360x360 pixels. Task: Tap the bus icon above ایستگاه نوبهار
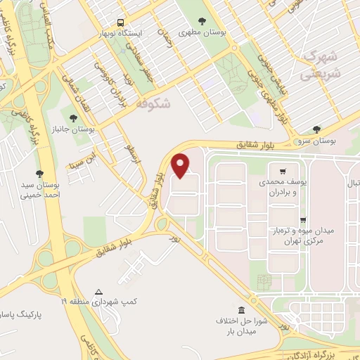tap(122, 22)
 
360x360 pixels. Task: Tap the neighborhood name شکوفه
tap(156, 105)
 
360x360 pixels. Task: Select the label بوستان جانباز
tap(79, 128)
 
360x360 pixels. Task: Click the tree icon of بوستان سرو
tap(316, 129)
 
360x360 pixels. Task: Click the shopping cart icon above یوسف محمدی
tap(282, 170)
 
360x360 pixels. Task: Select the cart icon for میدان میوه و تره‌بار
tap(303, 219)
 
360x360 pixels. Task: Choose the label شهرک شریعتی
tap(321, 64)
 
